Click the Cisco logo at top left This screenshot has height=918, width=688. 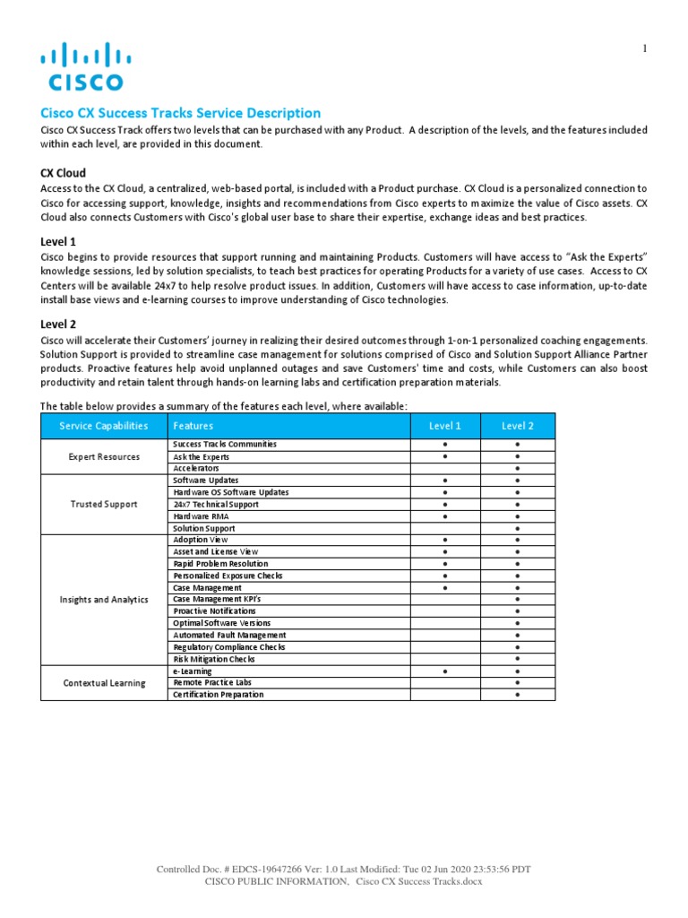[x=85, y=67]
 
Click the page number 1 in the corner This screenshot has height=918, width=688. [x=644, y=48]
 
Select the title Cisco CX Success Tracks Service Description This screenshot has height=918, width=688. [x=180, y=113]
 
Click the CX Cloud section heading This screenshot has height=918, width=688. [x=64, y=172]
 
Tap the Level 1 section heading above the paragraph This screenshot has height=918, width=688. [x=58, y=241]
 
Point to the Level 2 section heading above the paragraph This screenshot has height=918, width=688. [x=58, y=324]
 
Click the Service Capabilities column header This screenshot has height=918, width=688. [x=104, y=426]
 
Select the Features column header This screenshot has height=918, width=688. [x=193, y=426]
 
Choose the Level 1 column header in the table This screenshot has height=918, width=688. [x=445, y=426]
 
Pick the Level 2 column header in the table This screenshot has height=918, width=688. [x=518, y=426]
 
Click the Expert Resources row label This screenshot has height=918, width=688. [x=104, y=456]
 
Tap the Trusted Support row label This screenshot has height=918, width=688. [x=104, y=504]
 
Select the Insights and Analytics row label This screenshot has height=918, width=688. [x=104, y=599]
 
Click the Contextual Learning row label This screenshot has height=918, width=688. [x=104, y=682]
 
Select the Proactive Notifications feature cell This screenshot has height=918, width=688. [x=208, y=611]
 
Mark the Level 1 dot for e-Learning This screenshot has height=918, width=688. [x=445, y=671]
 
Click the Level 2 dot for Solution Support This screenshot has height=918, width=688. [x=518, y=528]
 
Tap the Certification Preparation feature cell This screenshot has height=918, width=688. [x=219, y=695]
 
